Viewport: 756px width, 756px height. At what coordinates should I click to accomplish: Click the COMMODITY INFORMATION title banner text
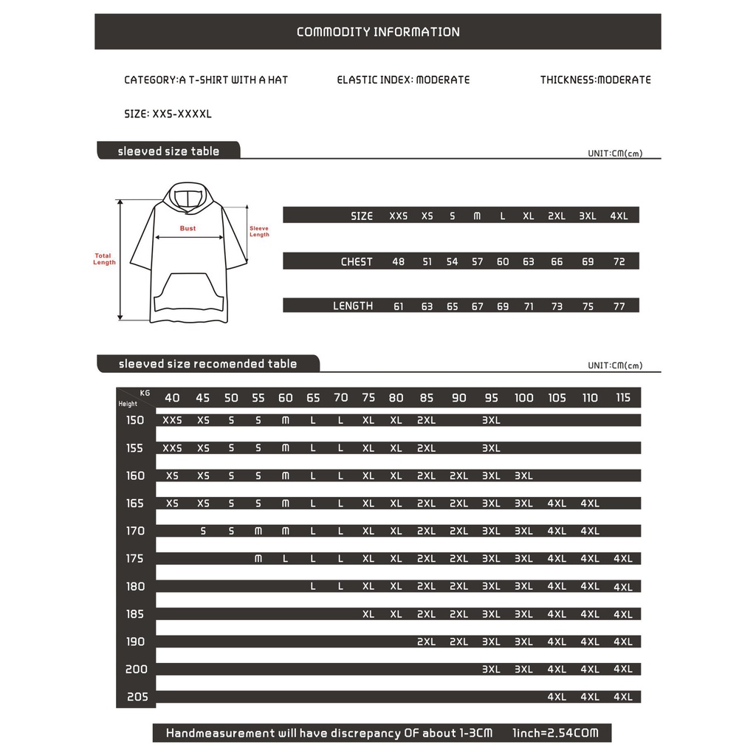point(378,32)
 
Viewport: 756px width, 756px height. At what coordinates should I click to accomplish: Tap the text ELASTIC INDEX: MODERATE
point(403,80)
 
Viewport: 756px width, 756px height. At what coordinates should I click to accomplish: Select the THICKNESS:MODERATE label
point(595,80)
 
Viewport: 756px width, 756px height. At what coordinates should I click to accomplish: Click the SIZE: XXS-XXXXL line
point(168,114)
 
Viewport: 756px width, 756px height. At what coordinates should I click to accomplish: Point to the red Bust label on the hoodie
point(188,228)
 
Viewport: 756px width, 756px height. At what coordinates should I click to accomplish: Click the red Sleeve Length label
point(259,231)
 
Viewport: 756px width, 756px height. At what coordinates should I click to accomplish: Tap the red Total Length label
point(104,259)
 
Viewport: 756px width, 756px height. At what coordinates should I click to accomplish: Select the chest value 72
point(619,261)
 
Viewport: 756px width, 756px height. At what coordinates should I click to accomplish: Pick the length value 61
point(399,306)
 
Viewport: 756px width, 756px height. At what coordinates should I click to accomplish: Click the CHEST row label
point(357,261)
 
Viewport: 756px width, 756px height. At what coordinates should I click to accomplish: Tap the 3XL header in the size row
point(588,216)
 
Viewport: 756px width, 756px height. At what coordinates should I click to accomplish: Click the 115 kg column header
point(623,398)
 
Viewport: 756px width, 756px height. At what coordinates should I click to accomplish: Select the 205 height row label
point(137,697)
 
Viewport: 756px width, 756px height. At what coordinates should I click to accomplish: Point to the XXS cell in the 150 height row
point(172,420)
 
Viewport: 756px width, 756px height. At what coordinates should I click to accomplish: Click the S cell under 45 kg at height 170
point(203,531)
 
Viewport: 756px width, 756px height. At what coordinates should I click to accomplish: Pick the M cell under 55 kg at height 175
point(258,559)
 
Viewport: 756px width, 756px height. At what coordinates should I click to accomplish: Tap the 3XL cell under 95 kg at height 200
point(491,670)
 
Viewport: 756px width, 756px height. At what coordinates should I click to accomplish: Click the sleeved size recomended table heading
point(207,364)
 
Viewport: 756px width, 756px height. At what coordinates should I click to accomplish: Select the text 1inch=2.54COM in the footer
point(554,733)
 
